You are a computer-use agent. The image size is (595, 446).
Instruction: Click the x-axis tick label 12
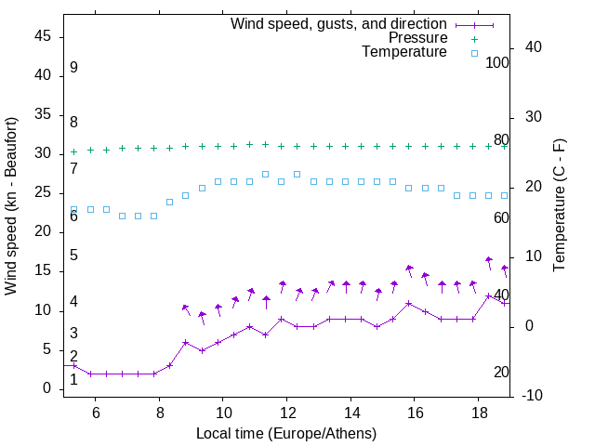(286, 413)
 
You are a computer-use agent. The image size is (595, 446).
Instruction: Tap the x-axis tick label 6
(96, 413)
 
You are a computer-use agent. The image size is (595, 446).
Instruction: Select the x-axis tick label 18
(478, 413)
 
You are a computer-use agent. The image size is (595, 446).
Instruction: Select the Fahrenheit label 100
(498, 62)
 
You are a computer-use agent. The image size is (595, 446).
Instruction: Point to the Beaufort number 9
(73, 68)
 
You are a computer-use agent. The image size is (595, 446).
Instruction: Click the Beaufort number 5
(73, 256)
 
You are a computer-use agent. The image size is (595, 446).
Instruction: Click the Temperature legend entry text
(404, 52)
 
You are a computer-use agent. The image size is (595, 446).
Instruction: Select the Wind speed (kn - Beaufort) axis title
(11, 206)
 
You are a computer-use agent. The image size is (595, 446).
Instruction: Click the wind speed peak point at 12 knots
(489, 295)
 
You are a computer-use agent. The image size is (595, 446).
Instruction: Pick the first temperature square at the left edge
(74, 210)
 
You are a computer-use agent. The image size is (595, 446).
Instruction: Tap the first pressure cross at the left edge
(74, 151)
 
